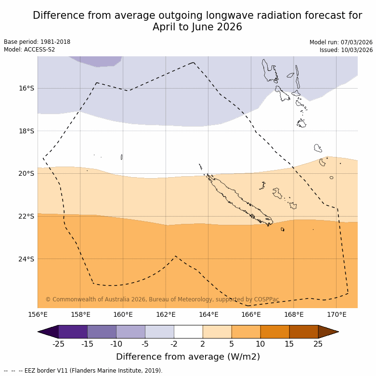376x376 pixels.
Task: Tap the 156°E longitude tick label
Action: click(x=38, y=315)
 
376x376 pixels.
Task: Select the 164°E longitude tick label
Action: click(x=208, y=315)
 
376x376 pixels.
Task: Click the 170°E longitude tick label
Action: click(x=337, y=315)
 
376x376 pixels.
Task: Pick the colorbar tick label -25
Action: click(x=58, y=344)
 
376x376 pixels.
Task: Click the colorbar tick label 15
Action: click(x=289, y=344)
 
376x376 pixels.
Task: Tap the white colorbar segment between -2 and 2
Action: click(x=188, y=332)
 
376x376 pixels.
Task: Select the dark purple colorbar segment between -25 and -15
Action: click(x=73, y=332)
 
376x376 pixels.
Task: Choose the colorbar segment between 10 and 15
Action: click(x=275, y=332)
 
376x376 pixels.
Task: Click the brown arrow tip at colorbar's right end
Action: click(x=328, y=332)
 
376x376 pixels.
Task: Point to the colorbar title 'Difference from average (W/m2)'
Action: click(x=188, y=357)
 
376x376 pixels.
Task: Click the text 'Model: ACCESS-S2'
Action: click(x=29, y=50)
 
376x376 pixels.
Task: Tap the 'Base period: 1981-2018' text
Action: click(x=37, y=42)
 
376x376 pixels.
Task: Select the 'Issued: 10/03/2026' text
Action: click(x=346, y=50)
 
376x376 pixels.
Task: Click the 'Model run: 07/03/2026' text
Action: click(x=341, y=42)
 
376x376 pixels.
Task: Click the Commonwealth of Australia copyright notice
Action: click(x=162, y=299)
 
